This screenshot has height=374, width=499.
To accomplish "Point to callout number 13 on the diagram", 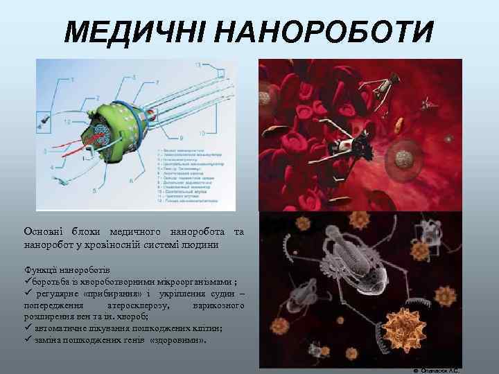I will (198, 64).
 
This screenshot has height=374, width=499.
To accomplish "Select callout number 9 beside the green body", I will (181, 137).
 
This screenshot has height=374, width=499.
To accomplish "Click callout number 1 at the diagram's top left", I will (71, 80).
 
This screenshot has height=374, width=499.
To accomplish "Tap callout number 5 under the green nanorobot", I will (94, 190).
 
